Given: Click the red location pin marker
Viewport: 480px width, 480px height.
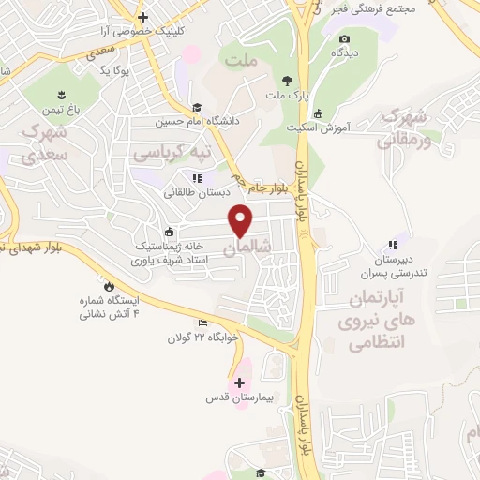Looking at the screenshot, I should (242, 219).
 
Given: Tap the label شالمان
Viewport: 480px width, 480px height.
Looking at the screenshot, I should (242, 247).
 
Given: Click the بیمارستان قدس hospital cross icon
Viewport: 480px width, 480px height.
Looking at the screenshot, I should (240, 383).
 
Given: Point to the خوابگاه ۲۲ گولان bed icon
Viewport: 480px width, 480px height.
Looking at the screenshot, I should (202, 324).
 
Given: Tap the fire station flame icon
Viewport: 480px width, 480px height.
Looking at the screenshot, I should (110, 287).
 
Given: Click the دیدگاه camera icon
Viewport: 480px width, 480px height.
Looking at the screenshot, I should (344, 39).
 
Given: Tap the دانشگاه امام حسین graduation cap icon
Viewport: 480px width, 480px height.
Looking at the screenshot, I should (197, 107).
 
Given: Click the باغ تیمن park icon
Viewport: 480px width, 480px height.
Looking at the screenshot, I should (63, 96).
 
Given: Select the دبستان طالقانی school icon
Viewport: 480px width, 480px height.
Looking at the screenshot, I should (196, 178).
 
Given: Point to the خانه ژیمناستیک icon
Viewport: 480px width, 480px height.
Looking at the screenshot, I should (169, 233).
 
